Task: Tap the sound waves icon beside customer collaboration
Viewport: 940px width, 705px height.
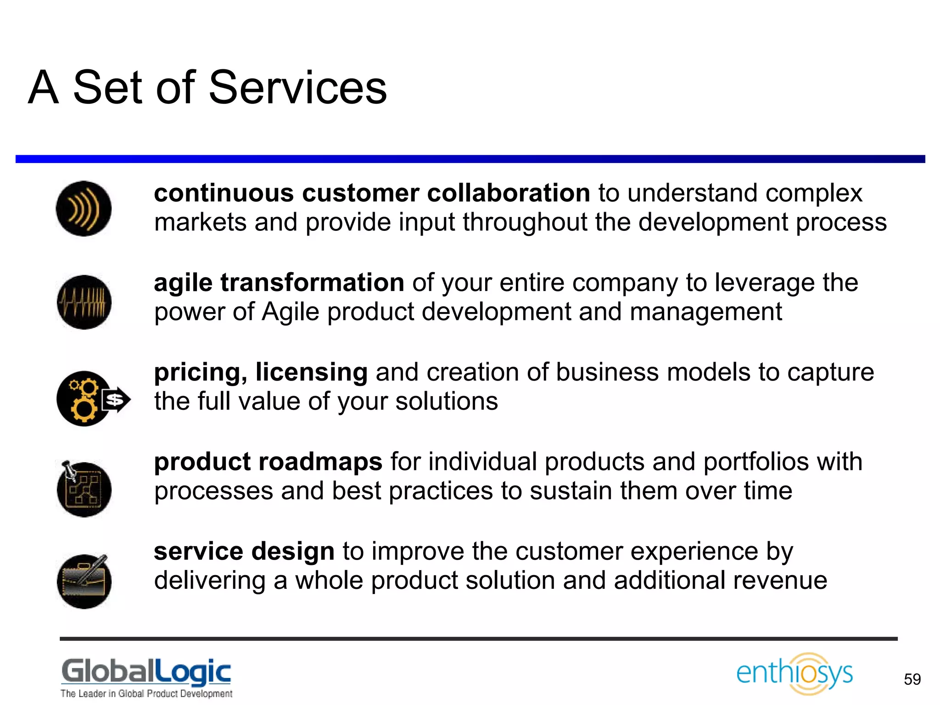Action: tap(84, 209)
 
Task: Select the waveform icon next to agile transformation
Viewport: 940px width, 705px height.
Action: tap(84, 302)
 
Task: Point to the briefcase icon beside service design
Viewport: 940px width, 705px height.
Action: tap(84, 581)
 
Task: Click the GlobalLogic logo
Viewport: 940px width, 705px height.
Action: tap(146, 671)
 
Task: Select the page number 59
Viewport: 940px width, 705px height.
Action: tap(912, 679)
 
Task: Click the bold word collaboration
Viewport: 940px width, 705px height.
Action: tap(508, 193)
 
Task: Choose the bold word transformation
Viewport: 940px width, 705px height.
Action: tap(312, 282)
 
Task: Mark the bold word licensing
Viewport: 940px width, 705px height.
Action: tap(311, 372)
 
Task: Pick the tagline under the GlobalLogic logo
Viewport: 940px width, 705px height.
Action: tap(146, 694)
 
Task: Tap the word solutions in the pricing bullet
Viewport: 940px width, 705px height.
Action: tap(446, 402)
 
